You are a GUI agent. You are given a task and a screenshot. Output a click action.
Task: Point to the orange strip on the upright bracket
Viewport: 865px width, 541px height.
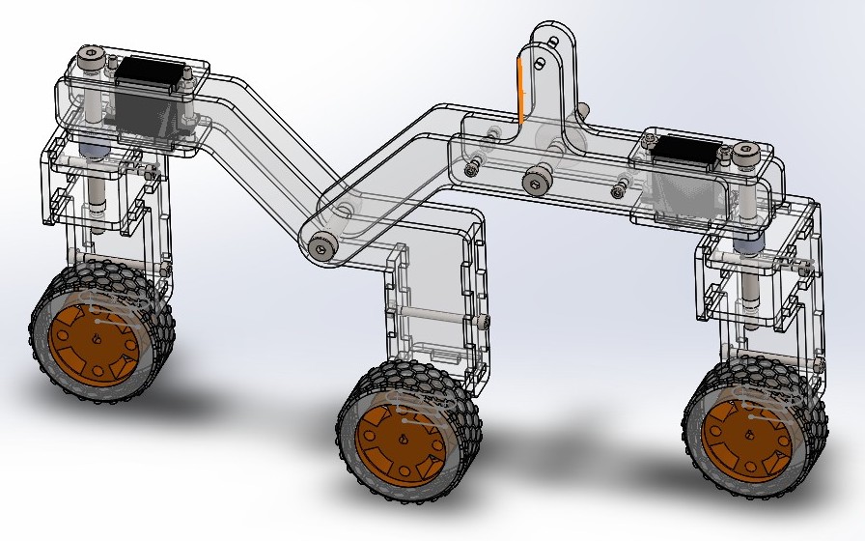(x=519, y=92)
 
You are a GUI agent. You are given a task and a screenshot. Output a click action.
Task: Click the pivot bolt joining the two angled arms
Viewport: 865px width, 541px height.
(x=321, y=247)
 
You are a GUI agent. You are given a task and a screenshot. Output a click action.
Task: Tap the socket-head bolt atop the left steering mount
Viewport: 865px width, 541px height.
(x=91, y=59)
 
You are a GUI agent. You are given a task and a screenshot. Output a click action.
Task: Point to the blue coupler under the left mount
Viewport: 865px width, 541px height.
(x=94, y=149)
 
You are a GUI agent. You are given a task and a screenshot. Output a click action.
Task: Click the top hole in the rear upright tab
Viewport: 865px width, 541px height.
(x=553, y=42)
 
